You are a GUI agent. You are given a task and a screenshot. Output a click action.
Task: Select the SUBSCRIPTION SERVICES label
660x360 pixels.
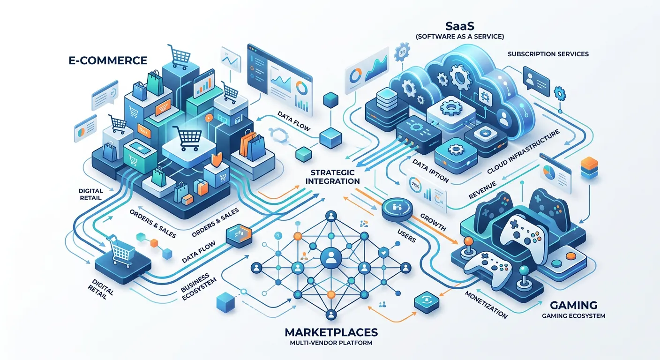(548, 54)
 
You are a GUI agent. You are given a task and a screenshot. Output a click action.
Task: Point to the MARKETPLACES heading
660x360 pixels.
(331, 332)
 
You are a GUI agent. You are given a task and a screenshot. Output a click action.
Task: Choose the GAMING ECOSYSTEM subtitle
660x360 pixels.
(573, 316)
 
